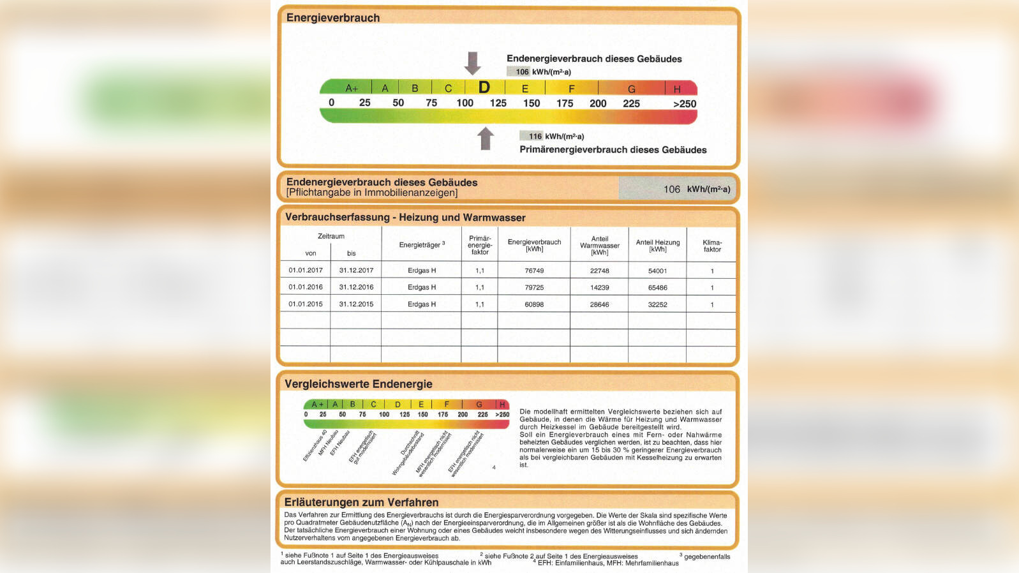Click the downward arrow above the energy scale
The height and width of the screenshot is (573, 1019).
(x=472, y=63)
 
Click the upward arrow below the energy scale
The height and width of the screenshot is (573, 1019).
(x=486, y=138)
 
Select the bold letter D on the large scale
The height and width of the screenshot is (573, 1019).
(x=484, y=87)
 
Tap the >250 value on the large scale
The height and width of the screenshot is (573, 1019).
(x=684, y=104)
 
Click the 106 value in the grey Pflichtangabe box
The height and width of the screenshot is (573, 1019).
(x=672, y=189)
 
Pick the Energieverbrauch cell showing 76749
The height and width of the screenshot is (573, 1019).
(x=534, y=271)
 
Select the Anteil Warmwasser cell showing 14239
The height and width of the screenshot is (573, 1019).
(x=599, y=287)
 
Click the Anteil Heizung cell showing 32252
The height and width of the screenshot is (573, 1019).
(x=657, y=304)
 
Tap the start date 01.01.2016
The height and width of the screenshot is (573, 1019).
(x=306, y=287)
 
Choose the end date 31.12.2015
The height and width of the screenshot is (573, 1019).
(x=356, y=304)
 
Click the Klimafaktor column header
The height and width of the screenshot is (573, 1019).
(x=712, y=246)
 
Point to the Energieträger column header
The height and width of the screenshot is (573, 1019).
(x=421, y=244)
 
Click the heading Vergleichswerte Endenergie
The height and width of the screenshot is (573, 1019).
(x=359, y=384)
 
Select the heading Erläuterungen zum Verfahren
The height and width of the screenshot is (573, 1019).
(x=361, y=502)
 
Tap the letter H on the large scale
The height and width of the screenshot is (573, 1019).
(x=677, y=89)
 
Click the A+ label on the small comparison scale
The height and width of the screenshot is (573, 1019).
(x=317, y=405)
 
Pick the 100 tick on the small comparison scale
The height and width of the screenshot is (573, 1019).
(x=384, y=415)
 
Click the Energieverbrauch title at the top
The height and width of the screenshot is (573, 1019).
(x=333, y=18)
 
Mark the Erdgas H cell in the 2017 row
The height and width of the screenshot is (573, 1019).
(x=422, y=271)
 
